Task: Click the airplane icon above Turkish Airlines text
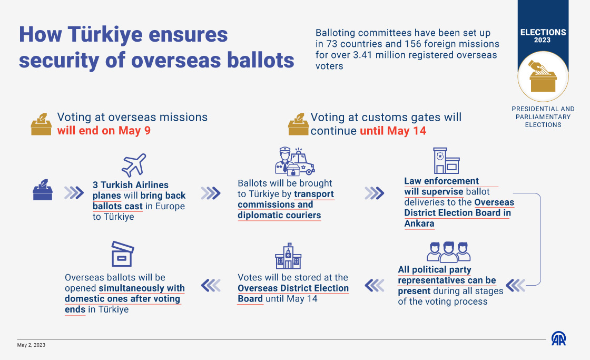[134, 165]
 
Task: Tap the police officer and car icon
[294, 161]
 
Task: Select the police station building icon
[446, 160]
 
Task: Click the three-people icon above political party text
[448, 252]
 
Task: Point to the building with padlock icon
[288, 256]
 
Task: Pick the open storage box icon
[123, 254]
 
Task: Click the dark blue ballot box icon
[43, 190]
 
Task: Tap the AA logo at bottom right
[559, 338]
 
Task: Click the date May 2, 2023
[31, 345]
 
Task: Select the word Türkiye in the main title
[105, 34]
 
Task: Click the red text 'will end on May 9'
[104, 131]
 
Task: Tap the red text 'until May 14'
[393, 131]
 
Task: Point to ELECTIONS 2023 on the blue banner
[543, 35]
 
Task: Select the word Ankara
[419, 223]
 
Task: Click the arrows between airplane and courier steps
[211, 193]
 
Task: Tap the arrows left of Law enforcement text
[375, 193]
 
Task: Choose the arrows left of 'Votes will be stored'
[375, 286]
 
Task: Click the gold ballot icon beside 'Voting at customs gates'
[298, 124]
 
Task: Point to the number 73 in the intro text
[332, 44]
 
